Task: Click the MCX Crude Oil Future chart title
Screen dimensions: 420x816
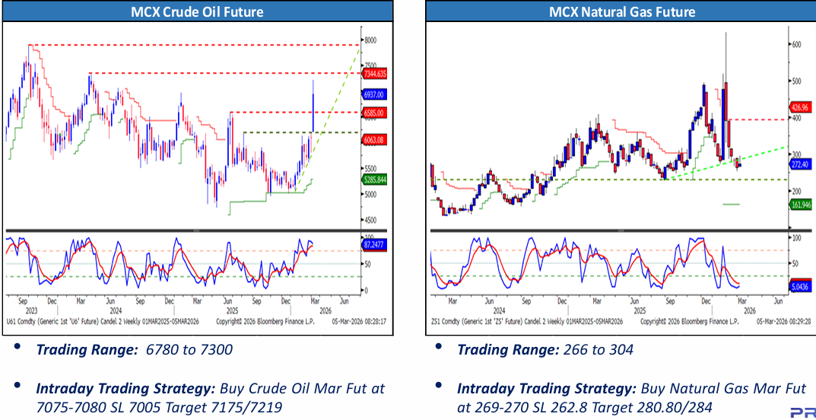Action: (198, 11)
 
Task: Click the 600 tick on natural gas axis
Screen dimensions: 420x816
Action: (796, 45)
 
